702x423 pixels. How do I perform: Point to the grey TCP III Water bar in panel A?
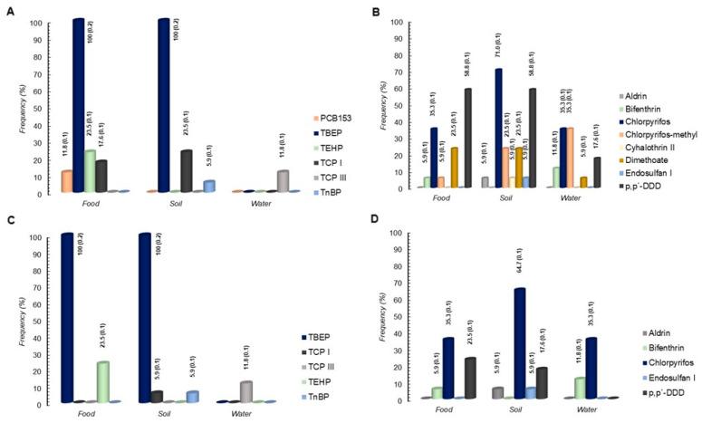click(x=259, y=181)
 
